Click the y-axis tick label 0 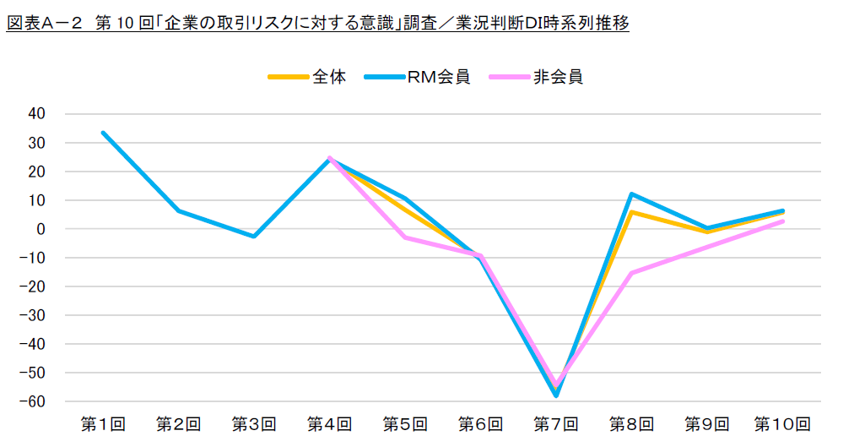[x=40, y=229]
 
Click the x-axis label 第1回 [x=103, y=423]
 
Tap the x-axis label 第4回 [x=329, y=423]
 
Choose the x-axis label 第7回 [x=556, y=423]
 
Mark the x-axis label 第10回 [x=782, y=423]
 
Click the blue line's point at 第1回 [x=103, y=133]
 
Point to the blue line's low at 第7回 [x=556, y=395]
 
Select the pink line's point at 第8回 [x=631, y=273]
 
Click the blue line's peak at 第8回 [x=631, y=194]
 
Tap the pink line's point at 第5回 [x=405, y=237]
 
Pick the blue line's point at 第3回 [x=254, y=236]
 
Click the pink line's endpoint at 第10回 [x=782, y=221]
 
